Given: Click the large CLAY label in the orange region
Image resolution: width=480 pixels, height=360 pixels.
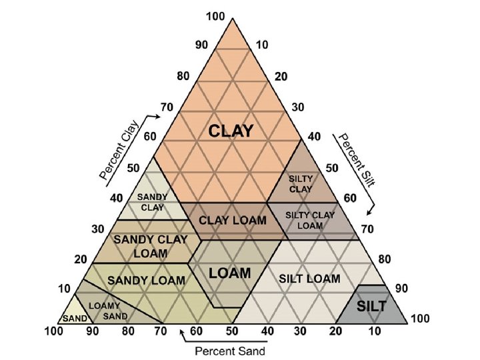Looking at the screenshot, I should pos(231,131).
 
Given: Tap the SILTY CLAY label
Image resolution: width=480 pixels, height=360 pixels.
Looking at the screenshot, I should pos(299,184).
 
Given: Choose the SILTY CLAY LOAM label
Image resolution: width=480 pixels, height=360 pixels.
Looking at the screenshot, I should pos(310,220).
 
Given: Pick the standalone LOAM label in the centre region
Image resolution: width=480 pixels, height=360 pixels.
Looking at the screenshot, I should pos(229,273).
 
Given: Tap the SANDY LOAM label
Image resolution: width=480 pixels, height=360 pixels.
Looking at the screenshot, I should pos(146,280).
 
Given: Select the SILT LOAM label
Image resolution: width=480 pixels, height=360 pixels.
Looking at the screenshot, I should pos(309,278).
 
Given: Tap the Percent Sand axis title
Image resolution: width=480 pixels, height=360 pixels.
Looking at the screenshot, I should pos(229,351).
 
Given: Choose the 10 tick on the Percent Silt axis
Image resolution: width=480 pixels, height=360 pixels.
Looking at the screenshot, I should pos(262,45).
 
